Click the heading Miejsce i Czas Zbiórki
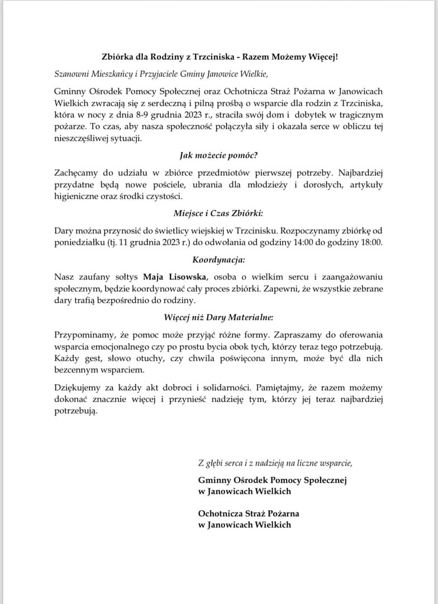point(218,213)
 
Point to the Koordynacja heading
point(218,260)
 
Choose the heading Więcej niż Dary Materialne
point(218,318)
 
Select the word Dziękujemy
point(80,387)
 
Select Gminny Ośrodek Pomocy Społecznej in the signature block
point(273,480)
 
